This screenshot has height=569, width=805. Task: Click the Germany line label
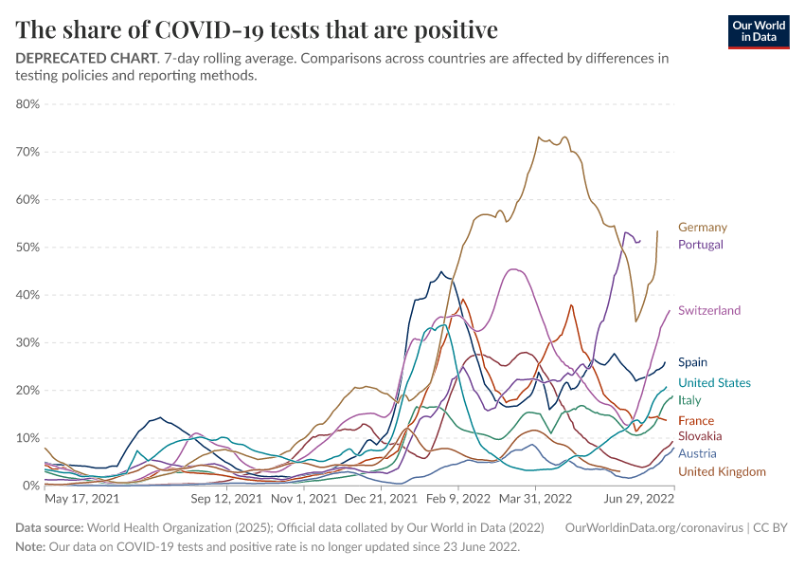[x=702, y=228]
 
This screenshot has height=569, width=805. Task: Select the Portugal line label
[x=700, y=245]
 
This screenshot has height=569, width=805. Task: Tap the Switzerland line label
[x=708, y=311]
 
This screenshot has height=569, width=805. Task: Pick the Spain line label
[x=692, y=362]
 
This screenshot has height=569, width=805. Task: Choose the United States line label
[x=714, y=383]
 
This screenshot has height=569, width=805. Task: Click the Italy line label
[x=689, y=401]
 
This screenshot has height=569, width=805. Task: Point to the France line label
[x=695, y=421]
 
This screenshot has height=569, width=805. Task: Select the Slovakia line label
[x=700, y=436]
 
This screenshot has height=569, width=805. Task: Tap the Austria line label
[x=697, y=453]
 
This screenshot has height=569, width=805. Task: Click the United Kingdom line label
[x=722, y=472]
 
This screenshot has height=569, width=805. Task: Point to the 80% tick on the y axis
[x=27, y=104]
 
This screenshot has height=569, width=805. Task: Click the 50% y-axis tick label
[x=27, y=248]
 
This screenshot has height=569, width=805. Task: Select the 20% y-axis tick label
[x=27, y=391]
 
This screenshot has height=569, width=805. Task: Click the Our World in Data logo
[x=759, y=31]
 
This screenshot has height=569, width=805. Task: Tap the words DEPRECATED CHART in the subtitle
[x=86, y=59]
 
